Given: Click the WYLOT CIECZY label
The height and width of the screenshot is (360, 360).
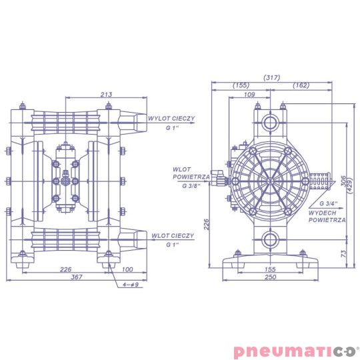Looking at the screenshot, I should pos(172,117).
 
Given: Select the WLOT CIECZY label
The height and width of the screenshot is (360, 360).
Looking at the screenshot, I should pos(172,235).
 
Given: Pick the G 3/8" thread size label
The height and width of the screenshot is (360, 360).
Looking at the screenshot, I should pos(193,186).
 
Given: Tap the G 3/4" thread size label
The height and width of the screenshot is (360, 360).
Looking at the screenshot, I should pos(328,202).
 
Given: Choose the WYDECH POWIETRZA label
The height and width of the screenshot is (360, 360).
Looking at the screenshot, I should pos(327,215).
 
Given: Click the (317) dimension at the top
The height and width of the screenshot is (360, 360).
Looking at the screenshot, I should pos(272,77).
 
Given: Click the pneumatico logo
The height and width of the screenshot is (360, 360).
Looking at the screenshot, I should pos(296,351).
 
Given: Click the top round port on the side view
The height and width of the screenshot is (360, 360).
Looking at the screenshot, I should pos(270,123).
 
